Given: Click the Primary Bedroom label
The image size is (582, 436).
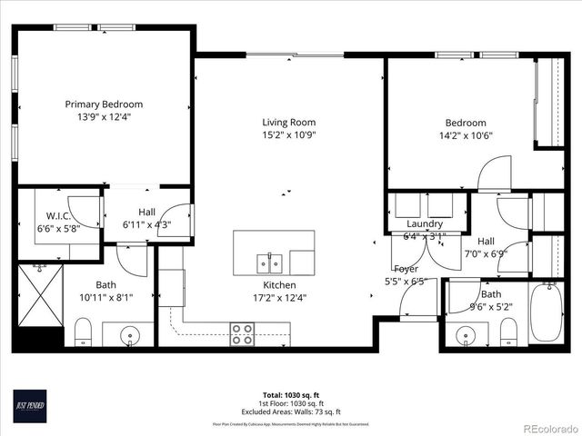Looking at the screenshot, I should pyautogui.click(x=103, y=104).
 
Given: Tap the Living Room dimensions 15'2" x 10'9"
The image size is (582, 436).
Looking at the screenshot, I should pyautogui.click(x=288, y=135).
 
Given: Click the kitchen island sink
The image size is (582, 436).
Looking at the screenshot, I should pyautogui.click(x=269, y=263).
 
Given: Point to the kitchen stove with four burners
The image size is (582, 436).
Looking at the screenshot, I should pyautogui.click(x=242, y=333).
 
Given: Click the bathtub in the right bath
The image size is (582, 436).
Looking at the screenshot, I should pyautogui.click(x=546, y=312).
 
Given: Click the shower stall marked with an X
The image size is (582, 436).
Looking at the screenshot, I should pyautogui.click(x=39, y=298).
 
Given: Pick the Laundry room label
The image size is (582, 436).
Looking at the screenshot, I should pyautogui.click(x=425, y=223).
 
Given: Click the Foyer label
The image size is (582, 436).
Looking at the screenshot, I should pyautogui.click(x=406, y=269).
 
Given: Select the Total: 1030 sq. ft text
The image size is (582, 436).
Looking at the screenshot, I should pyautogui.click(x=291, y=396).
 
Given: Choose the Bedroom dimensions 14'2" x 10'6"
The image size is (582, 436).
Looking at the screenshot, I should pyautogui.click(x=465, y=135).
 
